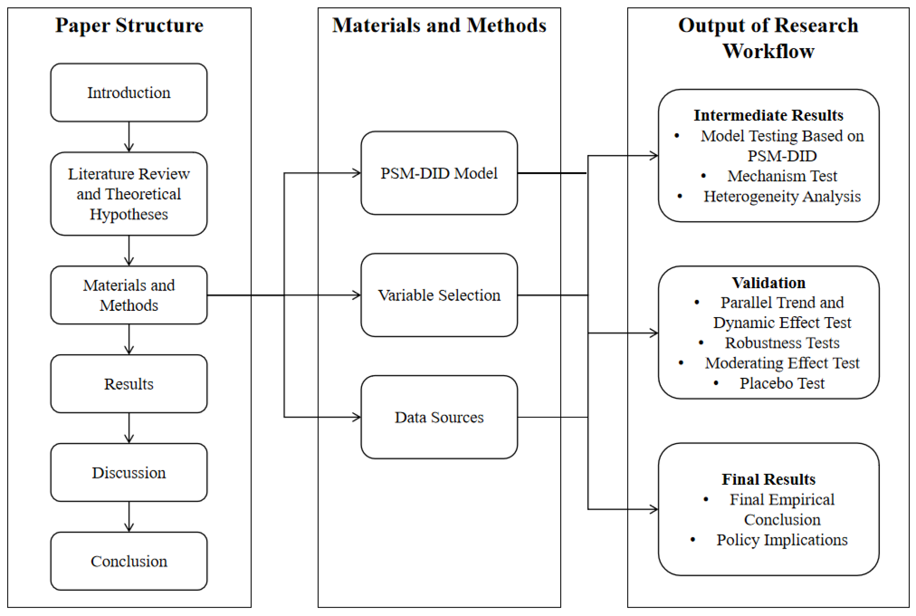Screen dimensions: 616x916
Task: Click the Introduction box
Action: click(129, 93)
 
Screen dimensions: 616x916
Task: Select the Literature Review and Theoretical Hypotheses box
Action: click(129, 194)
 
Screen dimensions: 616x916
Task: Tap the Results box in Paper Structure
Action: click(129, 384)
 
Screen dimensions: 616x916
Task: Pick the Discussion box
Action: click(129, 472)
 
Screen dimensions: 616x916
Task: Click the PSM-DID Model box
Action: click(439, 173)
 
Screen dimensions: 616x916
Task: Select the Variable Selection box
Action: click(439, 295)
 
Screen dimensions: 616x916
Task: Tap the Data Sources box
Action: click(439, 417)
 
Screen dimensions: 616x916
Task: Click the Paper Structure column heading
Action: click(129, 26)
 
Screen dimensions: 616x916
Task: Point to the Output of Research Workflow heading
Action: click(768, 38)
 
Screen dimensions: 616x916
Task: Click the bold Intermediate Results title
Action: click(768, 115)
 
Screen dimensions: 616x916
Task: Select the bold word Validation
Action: click(768, 283)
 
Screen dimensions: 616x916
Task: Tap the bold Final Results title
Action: click(768, 479)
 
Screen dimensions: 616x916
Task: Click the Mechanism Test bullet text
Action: click(782, 176)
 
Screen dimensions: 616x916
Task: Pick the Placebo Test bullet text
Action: click(782, 383)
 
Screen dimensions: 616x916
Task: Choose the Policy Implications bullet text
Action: click(782, 540)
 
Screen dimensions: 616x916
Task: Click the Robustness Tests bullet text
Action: click(782, 343)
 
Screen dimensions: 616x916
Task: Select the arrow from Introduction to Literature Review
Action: click(129, 137)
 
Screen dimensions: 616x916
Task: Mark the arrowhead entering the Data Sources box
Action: click(357, 417)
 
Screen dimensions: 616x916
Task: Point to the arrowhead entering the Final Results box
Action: click(654, 509)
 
